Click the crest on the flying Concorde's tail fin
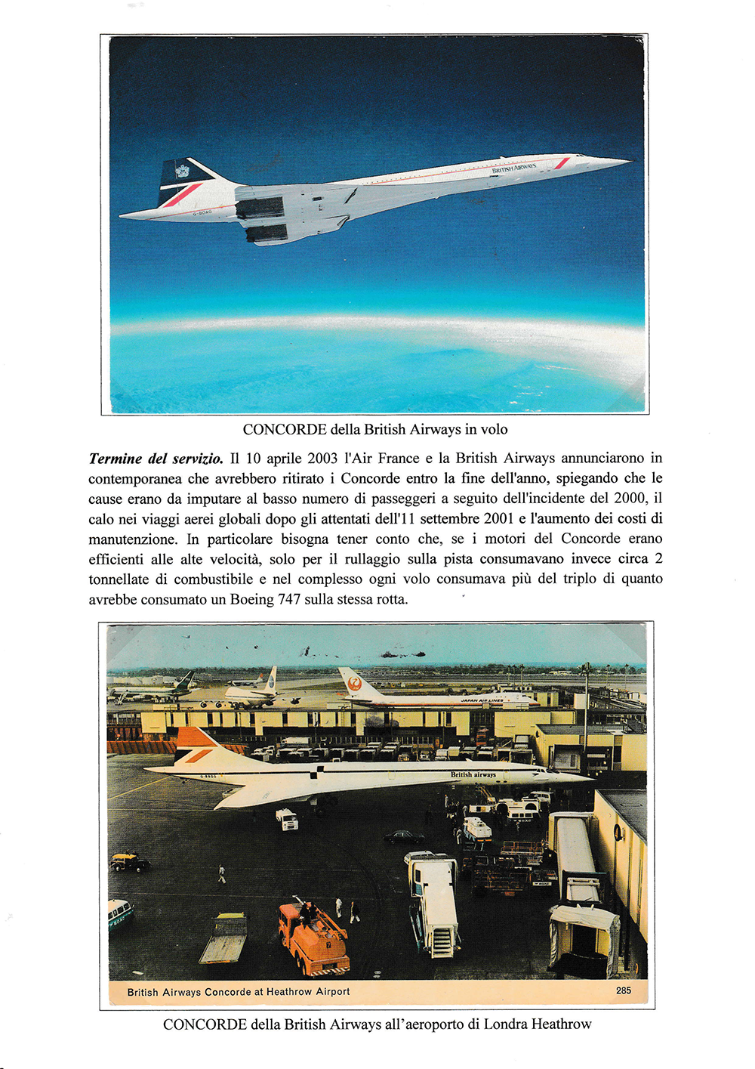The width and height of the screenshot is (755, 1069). (182, 171)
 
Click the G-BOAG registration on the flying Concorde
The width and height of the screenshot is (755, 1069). (205, 213)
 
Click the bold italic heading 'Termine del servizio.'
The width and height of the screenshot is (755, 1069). (156, 459)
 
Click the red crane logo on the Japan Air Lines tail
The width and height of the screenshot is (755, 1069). (353, 684)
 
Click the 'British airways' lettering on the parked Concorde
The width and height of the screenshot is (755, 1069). (473, 774)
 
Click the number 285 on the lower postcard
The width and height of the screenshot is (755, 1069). (624, 990)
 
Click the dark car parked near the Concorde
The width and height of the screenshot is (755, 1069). (404, 837)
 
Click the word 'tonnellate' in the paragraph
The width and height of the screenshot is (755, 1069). (127, 579)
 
